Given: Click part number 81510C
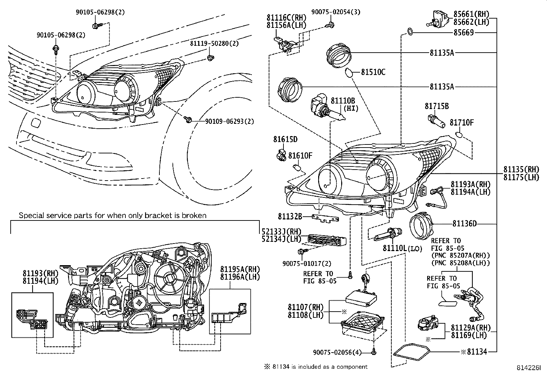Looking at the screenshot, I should (x=373, y=72).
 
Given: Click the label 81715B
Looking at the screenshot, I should (x=437, y=106).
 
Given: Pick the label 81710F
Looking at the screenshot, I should (x=462, y=122).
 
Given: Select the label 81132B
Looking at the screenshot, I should (x=290, y=216).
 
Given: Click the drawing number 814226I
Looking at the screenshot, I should (x=528, y=368).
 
